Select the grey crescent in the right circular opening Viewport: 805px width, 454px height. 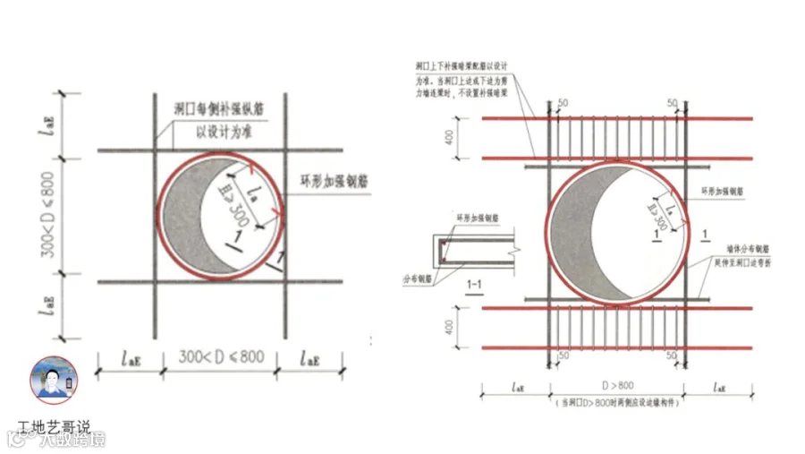580,235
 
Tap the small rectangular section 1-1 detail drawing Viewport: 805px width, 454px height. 479,252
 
